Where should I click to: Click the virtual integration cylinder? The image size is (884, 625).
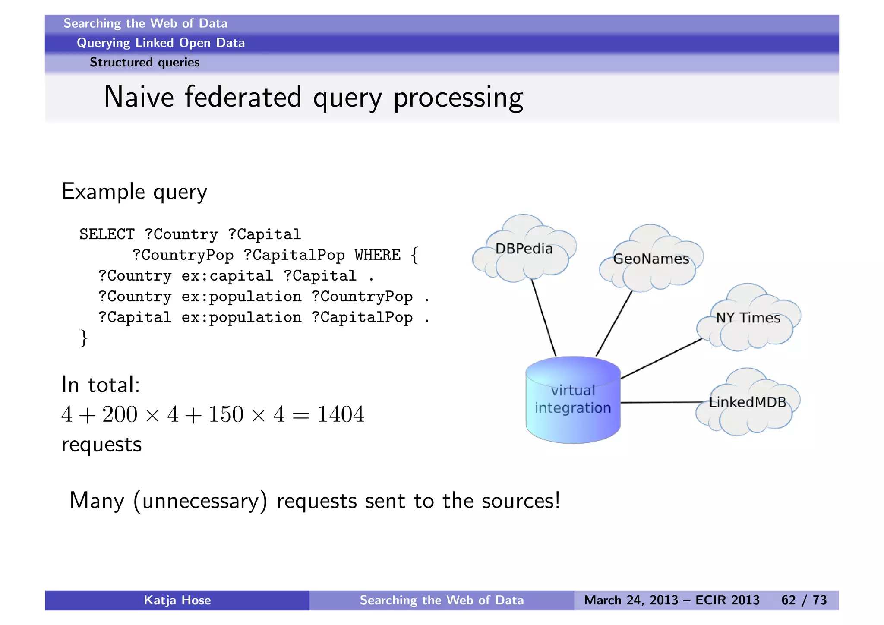pyautogui.click(x=573, y=400)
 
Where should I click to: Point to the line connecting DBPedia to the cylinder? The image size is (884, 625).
pyautogui.click(x=543, y=318)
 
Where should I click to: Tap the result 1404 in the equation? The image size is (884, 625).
pyautogui.click(x=341, y=414)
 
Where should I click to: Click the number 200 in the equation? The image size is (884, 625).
pyautogui.click(x=120, y=414)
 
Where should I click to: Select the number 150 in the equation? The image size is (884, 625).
pyautogui.click(x=226, y=414)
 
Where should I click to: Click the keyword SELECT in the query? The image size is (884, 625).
pyautogui.click(x=107, y=234)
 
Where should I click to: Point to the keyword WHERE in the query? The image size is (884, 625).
pyautogui.click(x=378, y=255)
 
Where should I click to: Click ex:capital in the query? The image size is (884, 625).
pyautogui.click(x=227, y=276)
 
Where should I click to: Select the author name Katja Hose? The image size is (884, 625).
pyautogui.click(x=177, y=600)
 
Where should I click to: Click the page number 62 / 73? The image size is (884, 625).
pyautogui.click(x=804, y=600)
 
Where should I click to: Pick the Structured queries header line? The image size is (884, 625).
pyautogui.click(x=145, y=63)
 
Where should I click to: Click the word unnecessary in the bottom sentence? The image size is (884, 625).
pyautogui.click(x=200, y=501)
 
